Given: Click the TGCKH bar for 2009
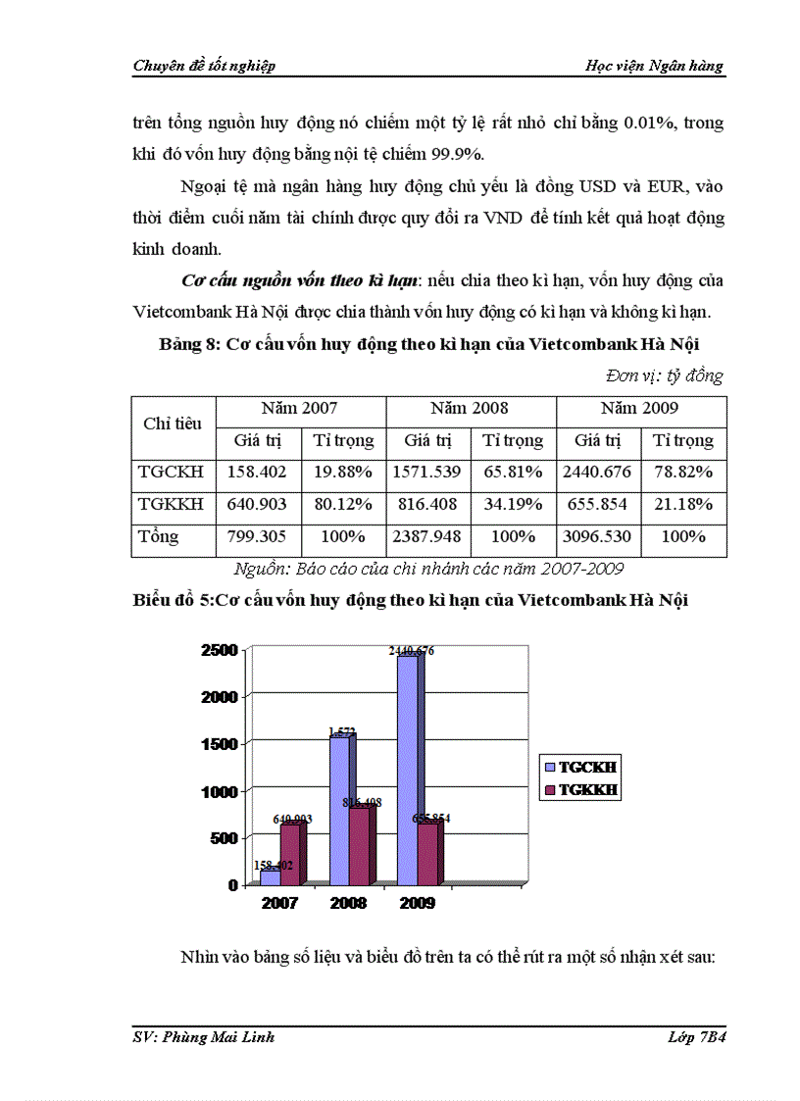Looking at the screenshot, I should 408,770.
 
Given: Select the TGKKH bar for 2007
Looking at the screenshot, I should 290,853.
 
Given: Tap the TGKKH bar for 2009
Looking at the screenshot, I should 427,853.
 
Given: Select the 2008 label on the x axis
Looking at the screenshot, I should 349,903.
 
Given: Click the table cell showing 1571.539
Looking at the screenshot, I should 426,473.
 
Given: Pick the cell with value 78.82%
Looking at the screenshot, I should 682,473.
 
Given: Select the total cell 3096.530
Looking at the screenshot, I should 597,537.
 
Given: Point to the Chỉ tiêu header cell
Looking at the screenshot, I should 173,424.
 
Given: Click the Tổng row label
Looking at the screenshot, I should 160,537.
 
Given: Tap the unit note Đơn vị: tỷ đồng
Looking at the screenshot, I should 665,375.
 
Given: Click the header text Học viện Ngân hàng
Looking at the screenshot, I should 668,66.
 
